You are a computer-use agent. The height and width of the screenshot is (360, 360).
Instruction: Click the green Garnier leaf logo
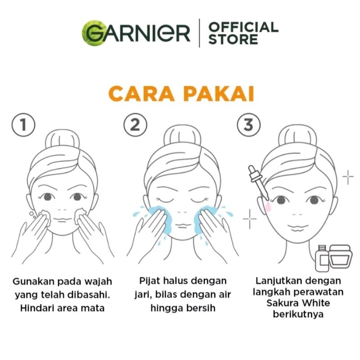[x=94, y=32]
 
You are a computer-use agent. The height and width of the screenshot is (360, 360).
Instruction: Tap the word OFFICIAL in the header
[x=243, y=27]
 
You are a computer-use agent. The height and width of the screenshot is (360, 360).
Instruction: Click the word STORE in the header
[x=233, y=39]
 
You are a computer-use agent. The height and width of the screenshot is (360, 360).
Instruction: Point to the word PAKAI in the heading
[x=219, y=94]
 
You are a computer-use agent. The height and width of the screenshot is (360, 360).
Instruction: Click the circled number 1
[x=23, y=125]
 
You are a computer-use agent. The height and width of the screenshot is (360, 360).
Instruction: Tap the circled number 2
[x=135, y=125]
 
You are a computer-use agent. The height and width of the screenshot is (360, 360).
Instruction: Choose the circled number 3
[x=249, y=125]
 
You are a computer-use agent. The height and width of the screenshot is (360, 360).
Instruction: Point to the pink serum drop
[x=268, y=207]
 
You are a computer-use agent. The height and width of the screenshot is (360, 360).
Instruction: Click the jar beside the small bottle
[x=341, y=256]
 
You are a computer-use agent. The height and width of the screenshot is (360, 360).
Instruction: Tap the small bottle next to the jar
[x=322, y=258]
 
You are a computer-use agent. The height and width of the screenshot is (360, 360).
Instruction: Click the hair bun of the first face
[x=63, y=139]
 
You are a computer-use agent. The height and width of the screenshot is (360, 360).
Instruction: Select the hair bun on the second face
[x=182, y=135]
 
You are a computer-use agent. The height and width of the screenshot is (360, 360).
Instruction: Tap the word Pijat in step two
[x=149, y=281]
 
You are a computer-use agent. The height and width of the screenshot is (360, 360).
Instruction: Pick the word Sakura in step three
[x=282, y=303]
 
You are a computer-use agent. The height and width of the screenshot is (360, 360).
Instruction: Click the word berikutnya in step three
[x=298, y=314]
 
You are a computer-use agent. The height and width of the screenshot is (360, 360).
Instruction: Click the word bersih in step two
[x=201, y=308]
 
